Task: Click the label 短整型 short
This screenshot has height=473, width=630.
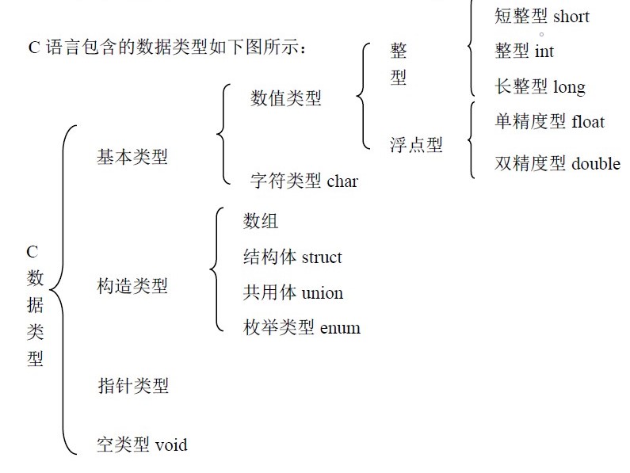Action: [x=542, y=16]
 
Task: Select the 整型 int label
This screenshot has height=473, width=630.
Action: [x=525, y=51]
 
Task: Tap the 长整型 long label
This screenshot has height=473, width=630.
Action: [x=540, y=86]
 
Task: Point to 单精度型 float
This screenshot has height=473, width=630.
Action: [x=549, y=121]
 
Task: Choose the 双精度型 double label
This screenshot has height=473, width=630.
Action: [x=557, y=163]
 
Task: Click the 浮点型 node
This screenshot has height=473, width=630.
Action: [x=416, y=145]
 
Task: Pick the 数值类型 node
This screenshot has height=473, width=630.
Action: [x=286, y=98]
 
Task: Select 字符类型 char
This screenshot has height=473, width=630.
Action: [x=304, y=181]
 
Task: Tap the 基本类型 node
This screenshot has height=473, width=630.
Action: [x=132, y=157]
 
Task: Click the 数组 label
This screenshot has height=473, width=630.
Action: [x=261, y=221]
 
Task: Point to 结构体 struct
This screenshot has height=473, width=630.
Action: [x=292, y=257]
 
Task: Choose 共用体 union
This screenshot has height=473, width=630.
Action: [x=293, y=292]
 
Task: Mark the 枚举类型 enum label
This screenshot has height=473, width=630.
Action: [x=302, y=327]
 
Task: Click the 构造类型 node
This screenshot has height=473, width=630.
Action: [x=132, y=286]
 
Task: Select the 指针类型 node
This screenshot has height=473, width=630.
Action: [x=132, y=386]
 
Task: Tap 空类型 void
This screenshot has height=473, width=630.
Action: [x=143, y=444]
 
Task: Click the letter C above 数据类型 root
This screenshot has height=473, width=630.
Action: [x=32, y=252]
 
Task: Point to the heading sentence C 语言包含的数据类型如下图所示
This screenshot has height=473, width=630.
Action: [x=166, y=48]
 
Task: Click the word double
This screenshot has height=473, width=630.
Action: [x=595, y=163]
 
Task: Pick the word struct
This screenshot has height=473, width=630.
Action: [x=322, y=257]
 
